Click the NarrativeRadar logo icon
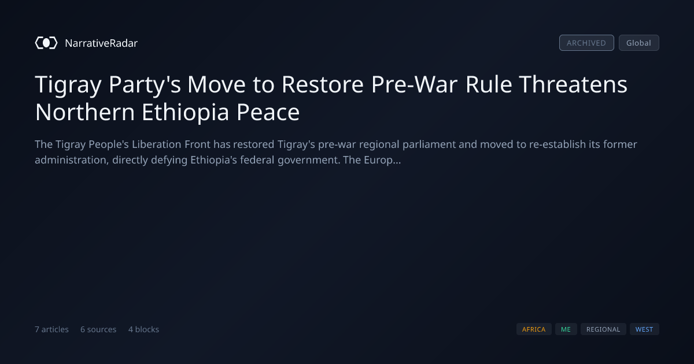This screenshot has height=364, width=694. pos(46,43)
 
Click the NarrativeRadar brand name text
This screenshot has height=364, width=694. pos(101,43)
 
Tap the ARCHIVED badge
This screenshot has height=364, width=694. pos(586,43)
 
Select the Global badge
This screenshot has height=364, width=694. pos(639,43)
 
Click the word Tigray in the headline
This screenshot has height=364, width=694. pos(68,85)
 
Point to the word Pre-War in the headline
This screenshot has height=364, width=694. pos(414,84)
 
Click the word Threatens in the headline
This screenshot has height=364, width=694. pos(573,84)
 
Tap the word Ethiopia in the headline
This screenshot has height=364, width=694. pos(185,112)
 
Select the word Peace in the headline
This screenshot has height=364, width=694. pos(268,112)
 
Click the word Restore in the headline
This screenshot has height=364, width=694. pos(322,84)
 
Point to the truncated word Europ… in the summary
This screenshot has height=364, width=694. pos(382,161)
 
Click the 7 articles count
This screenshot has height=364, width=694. pos(51,329)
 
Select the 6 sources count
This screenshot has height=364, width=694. pos(98,329)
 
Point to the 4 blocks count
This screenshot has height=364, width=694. pos(144,329)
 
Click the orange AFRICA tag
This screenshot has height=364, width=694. pos(534,329)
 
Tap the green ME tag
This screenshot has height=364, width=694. pos(566,329)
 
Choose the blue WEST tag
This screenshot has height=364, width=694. pos(644,329)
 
